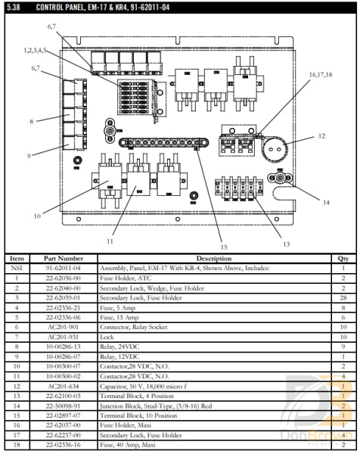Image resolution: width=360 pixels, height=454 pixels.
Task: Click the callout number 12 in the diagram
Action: tap(321, 136)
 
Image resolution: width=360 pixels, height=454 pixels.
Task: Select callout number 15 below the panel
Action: tap(223, 247)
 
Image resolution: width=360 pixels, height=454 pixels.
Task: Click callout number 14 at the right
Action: tap(326, 202)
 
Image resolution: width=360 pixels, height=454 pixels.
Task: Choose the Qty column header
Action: tap(343, 259)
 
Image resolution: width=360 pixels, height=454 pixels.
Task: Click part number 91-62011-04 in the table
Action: tap(64, 269)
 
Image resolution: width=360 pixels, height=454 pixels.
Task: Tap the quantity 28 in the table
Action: tap(343, 298)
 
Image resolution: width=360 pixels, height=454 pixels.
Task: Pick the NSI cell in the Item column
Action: tap(17, 269)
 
